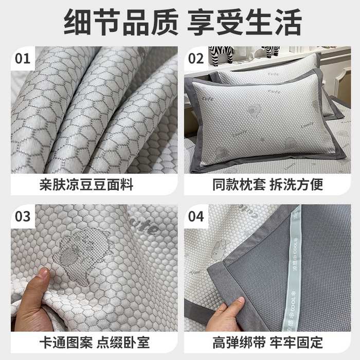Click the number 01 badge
click(x=23, y=58)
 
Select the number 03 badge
click(x=23, y=215)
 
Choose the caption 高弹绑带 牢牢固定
click(x=268, y=341)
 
